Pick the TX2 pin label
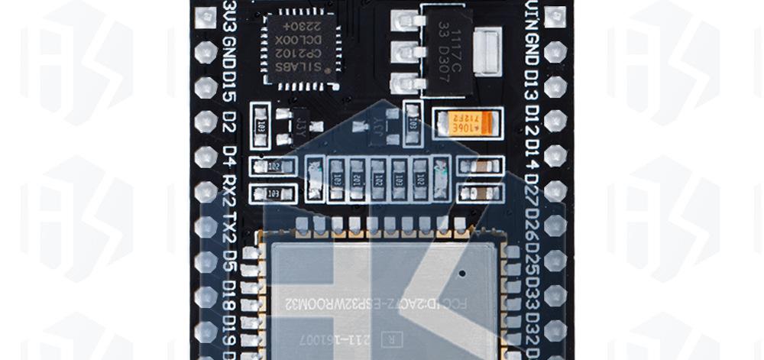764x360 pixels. (x=228, y=227)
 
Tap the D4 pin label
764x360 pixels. (x=228, y=157)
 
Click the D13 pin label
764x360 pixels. (x=533, y=91)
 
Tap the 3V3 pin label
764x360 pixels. (x=228, y=17)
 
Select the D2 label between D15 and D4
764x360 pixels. (x=228, y=124)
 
